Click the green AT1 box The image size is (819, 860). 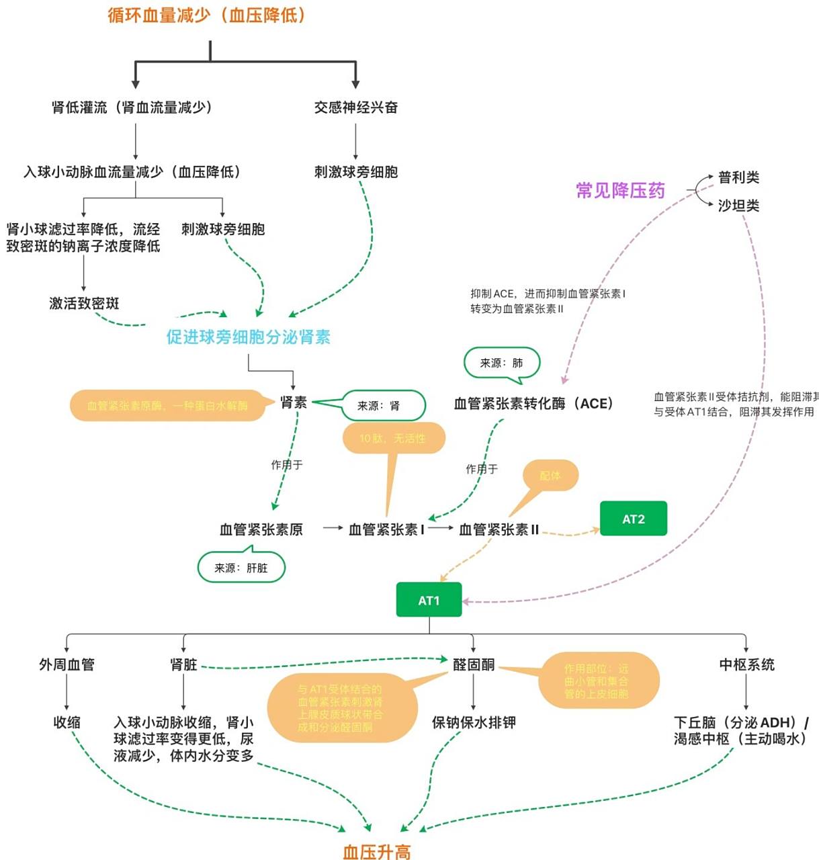pyautogui.click(x=429, y=599)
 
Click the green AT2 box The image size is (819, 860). pyautogui.click(x=633, y=519)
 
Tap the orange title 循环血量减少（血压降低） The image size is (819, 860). pyautogui.click(x=207, y=15)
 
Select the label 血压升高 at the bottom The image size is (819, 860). pyautogui.click(x=376, y=851)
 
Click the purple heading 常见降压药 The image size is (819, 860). pyautogui.click(x=620, y=191)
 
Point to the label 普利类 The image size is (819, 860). pyautogui.click(x=738, y=177)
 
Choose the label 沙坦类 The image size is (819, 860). pyautogui.click(x=738, y=206)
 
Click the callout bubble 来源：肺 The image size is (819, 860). pyautogui.click(x=501, y=363)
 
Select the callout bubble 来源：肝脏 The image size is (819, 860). pyautogui.click(x=241, y=568)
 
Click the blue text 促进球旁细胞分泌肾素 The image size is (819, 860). pyautogui.click(x=248, y=337)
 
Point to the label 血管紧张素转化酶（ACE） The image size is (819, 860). pyautogui.click(x=533, y=403)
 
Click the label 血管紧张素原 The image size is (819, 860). pyautogui.click(x=261, y=529)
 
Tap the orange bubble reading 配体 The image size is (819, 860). pyautogui.click(x=550, y=475)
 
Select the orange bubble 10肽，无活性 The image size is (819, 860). pyautogui.click(x=392, y=438)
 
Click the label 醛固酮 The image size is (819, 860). pyautogui.click(x=473, y=664)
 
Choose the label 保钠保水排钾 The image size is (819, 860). pyautogui.click(x=473, y=722)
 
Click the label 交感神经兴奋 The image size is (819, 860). pyautogui.click(x=355, y=107)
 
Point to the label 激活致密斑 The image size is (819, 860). pyautogui.click(x=84, y=303)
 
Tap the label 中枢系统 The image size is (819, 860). pyautogui.click(x=746, y=664)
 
